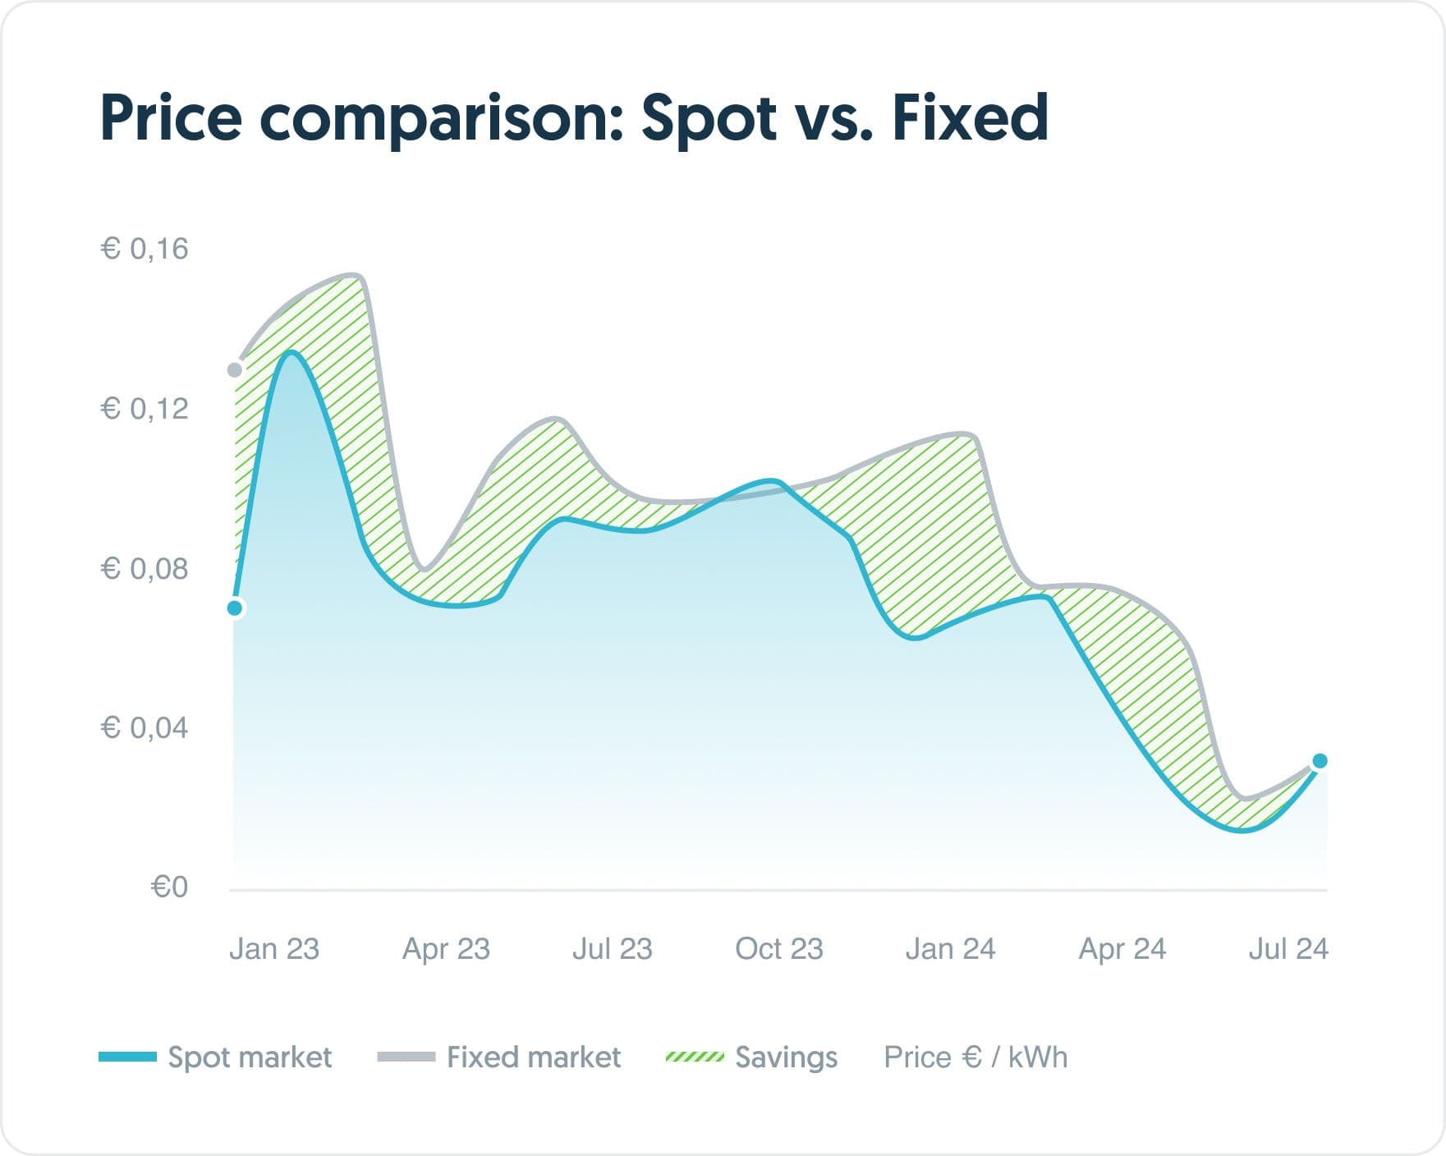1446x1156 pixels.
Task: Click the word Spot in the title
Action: click(709, 117)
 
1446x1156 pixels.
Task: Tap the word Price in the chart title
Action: click(171, 117)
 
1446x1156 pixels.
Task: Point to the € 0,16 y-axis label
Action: click(145, 249)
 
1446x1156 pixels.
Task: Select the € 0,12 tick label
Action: click(145, 408)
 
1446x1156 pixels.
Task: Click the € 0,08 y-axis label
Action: click(145, 568)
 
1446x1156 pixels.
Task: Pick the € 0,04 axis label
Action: click(145, 727)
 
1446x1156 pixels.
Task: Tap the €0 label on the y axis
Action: click(169, 887)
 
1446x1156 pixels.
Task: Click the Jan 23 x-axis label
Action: click(273, 949)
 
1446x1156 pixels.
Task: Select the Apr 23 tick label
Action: click(446, 949)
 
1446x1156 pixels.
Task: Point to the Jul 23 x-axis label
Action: click(612, 949)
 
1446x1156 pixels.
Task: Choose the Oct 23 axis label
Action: click(778, 949)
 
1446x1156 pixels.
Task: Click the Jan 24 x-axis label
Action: click(950, 949)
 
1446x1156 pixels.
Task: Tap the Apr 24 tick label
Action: click(1122, 949)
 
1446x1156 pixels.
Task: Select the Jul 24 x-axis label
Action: click(1288, 949)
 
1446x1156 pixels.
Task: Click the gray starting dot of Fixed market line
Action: click(235, 370)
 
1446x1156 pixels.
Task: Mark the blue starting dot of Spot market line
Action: click(235, 608)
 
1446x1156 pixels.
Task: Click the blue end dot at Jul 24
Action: click(1320, 761)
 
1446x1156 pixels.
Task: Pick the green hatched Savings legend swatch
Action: click(694, 1057)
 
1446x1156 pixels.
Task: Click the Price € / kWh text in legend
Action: click(975, 1057)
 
